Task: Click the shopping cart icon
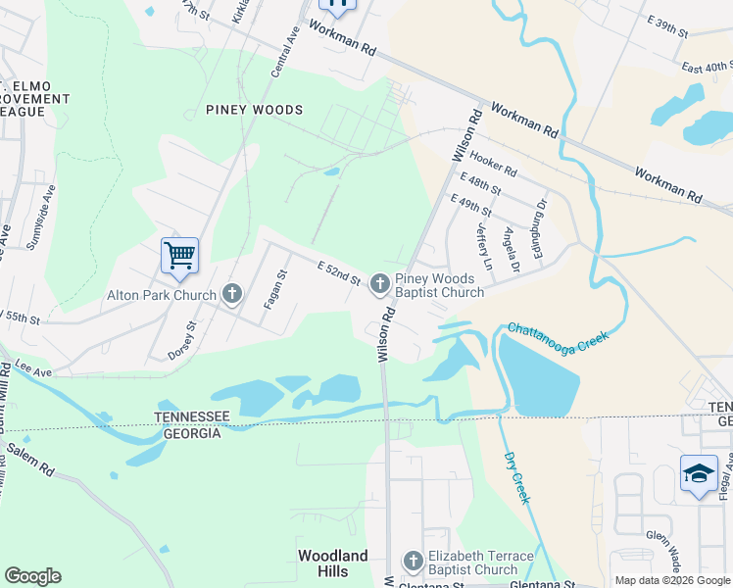click(x=179, y=256)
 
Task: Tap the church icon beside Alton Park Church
click(x=232, y=293)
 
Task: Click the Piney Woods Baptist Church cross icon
click(x=379, y=284)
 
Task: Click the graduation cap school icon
click(x=699, y=474)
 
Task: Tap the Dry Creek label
click(x=517, y=477)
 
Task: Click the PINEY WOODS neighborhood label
click(x=254, y=110)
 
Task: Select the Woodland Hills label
click(x=333, y=563)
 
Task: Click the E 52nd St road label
click(x=340, y=272)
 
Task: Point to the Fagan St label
click(x=273, y=290)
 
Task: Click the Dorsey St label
click(x=183, y=337)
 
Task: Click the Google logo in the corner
click(x=32, y=576)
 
